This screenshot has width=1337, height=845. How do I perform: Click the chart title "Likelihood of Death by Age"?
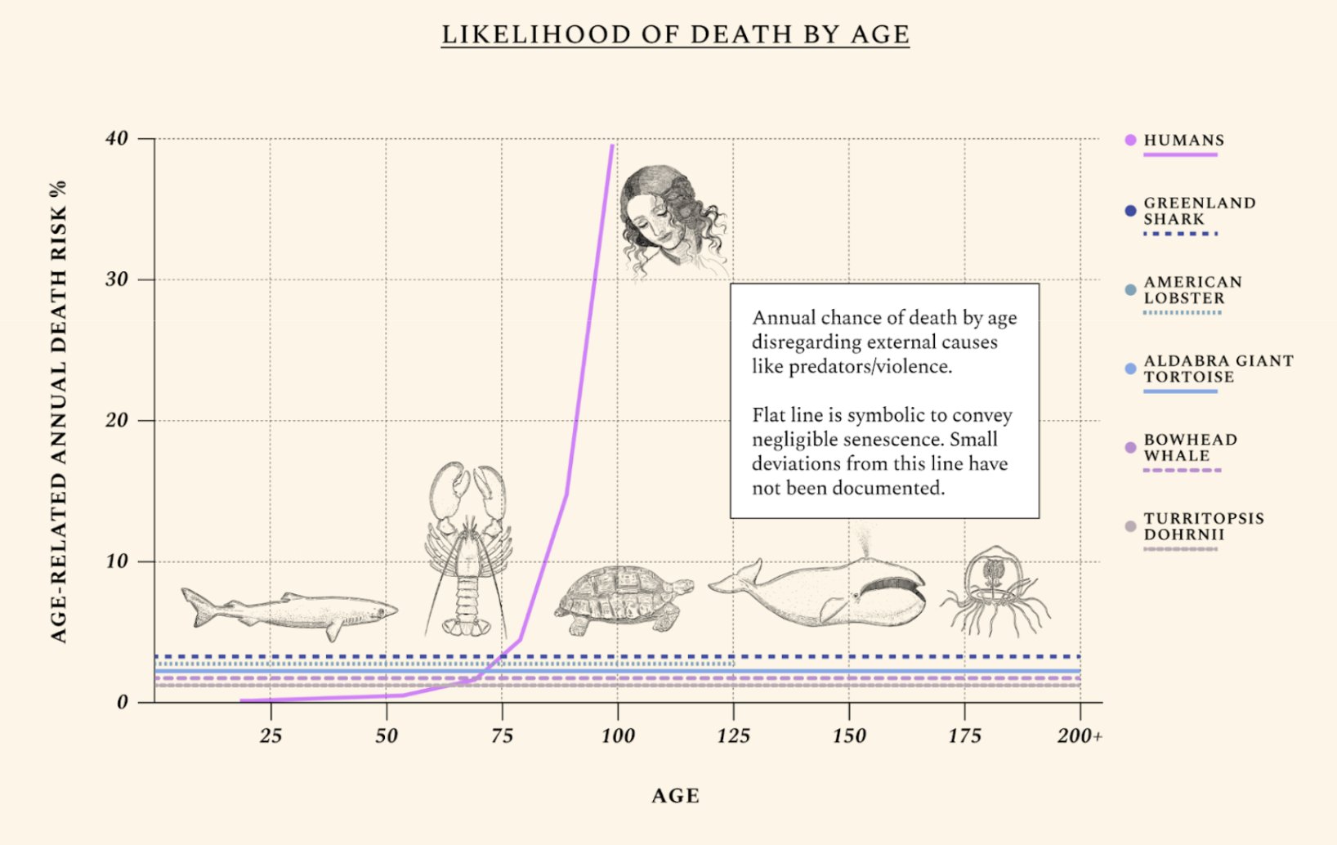(x=675, y=34)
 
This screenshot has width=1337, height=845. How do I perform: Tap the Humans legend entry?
(x=1183, y=141)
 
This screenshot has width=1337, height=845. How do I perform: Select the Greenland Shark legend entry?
(x=1198, y=211)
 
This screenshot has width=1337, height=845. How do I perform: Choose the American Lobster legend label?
(x=1192, y=290)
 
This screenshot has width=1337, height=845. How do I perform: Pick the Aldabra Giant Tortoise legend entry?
(x=1217, y=369)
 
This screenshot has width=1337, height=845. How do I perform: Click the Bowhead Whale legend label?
(x=1189, y=448)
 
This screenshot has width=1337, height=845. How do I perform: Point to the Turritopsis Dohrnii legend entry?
(x=1203, y=526)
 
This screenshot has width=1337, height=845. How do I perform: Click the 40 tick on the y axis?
(x=117, y=138)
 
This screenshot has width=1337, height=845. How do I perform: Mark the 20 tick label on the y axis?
(x=117, y=420)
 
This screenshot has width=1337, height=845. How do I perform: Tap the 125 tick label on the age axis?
(x=733, y=735)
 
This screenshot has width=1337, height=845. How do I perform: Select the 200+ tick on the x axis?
(x=1079, y=735)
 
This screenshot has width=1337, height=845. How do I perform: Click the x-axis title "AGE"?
(x=675, y=796)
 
